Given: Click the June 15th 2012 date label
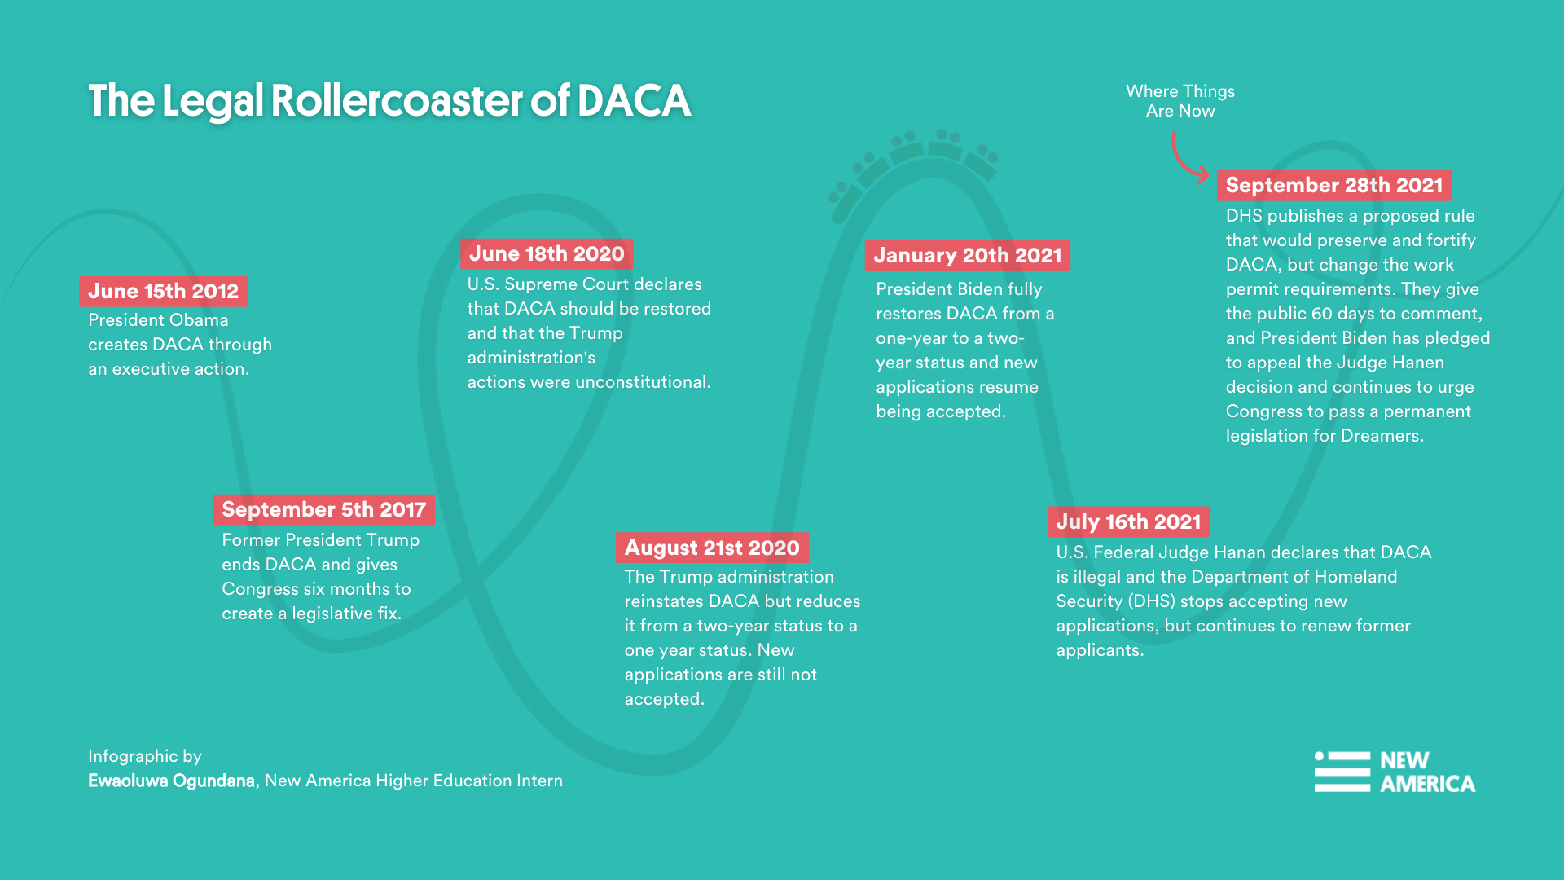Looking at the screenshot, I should [x=163, y=291].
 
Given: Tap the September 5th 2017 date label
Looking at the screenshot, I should [x=323, y=509].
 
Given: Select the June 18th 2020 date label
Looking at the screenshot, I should [x=547, y=253].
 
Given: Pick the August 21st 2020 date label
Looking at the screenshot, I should [x=712, y=548].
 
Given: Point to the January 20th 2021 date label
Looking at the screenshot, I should [x=967, y=255].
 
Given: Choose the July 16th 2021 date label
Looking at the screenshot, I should [x=1128, y=521].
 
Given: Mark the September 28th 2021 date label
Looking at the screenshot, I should [x=1333, y=185].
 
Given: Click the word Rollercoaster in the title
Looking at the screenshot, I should [x=397, y=101].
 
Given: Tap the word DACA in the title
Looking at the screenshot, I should [x=633, y=101].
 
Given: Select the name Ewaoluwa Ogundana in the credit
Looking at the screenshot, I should [x=171, y=781].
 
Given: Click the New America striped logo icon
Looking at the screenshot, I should [x=1342, y=772].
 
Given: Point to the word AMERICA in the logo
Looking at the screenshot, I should [x=1427, y=784].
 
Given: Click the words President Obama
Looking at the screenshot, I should [x=158, y=320].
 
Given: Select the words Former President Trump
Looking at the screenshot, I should [x=320, y=540].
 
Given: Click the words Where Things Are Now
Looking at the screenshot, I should [x=1180, y=101].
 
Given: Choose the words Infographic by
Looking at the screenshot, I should [x=144, y=756].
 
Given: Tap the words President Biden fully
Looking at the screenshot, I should [x=959, y=289].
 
